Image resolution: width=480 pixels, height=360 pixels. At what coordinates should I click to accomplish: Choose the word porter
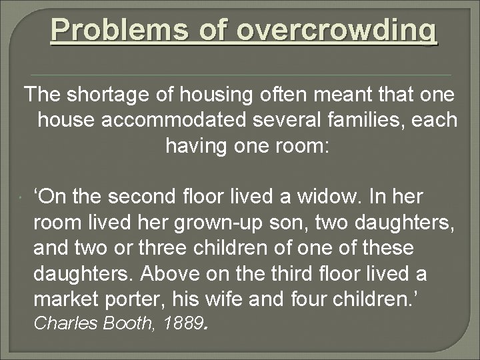tap(140, 299)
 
